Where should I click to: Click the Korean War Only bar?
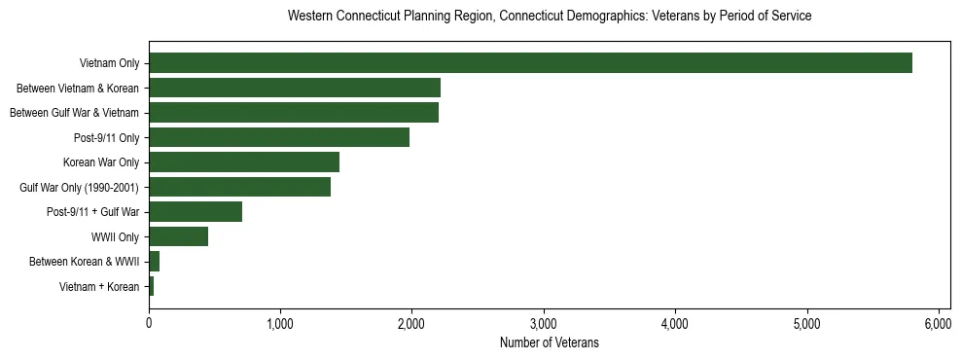[244, 162]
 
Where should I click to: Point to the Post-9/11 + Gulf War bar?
[196, 212]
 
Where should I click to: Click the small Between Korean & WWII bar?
[154, 262]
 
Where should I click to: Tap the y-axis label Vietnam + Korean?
[99, 286]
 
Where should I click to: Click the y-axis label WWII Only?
[115, 236]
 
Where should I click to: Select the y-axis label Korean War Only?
[101, 162]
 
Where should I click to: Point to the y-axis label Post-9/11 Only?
[107, 137]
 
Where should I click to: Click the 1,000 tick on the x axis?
[280, 322]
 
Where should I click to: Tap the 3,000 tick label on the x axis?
[543, 322]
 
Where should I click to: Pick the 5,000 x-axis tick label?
[806, 322]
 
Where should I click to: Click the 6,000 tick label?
[938, 322]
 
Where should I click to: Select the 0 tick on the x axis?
[149, 322]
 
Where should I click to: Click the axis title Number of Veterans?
[549, 342]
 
